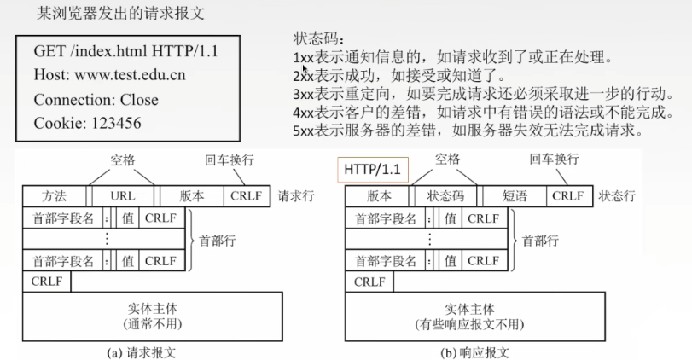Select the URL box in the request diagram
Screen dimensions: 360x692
123,195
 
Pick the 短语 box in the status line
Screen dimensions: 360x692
515,195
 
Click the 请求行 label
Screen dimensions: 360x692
296,195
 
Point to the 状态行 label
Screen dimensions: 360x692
617,195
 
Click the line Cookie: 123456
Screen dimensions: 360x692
88,123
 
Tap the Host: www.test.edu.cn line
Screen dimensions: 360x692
109,75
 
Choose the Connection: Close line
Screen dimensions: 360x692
96,99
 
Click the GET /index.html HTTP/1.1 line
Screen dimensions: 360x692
125,51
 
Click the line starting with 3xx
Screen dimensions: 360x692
473,95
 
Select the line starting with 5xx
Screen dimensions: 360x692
466,131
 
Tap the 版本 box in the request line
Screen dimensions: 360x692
192,195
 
